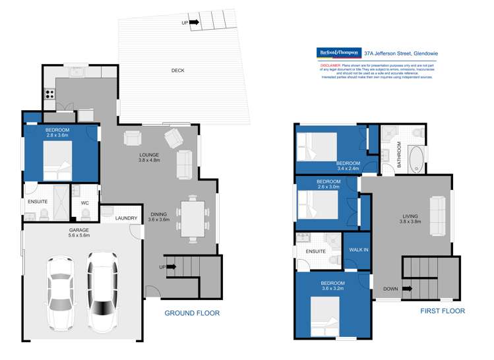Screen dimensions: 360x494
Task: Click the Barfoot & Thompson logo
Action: [338, 51]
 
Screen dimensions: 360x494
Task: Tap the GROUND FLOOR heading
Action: [192, 313]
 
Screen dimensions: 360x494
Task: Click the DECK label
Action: [177, 71]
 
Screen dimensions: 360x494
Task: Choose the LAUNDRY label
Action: [125, 218]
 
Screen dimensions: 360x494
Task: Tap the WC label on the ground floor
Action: [85, 203]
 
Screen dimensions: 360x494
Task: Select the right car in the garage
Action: [102, 290]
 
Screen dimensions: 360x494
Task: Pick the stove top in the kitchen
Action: [49, 94]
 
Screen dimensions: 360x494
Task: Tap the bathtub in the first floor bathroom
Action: [417, 158]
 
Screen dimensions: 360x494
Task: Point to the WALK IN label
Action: [358, 251]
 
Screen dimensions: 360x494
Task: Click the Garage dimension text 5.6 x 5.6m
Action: [78, 235]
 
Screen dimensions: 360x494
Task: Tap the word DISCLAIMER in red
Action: [330, 66]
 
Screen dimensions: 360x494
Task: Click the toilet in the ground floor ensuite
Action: [44, 214]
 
